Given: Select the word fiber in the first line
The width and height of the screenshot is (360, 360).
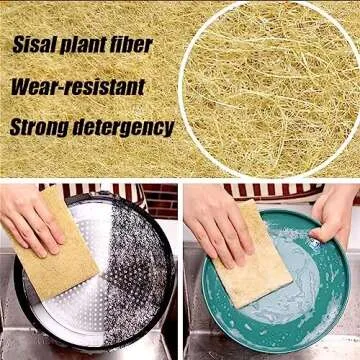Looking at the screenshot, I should [x=129, y=45].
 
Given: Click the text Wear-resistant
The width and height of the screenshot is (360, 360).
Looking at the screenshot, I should [x=78, y=86].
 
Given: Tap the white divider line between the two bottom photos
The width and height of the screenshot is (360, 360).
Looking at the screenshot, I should [x=180, y=270].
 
